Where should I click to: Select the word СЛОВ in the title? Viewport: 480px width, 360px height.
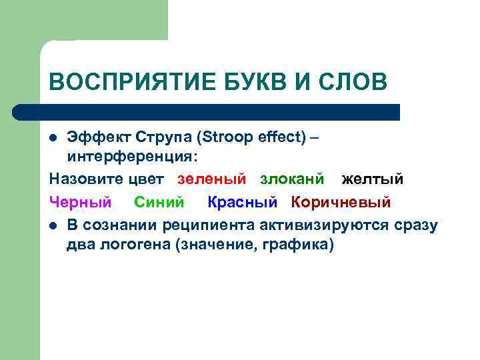tap(351, 82)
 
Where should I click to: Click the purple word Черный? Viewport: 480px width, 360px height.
tap(81, 202)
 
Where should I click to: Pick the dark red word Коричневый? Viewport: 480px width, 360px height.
tap(341, 202)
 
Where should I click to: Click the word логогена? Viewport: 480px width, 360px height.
tap(134, 245)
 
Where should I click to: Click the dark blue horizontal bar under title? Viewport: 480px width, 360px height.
tap(207, 111)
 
